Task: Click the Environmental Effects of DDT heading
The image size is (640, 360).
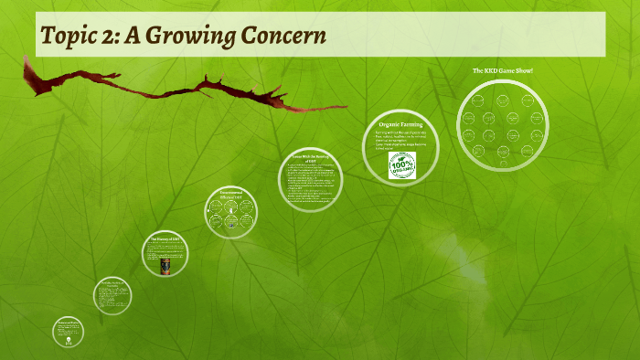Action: (x=230, y=194)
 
